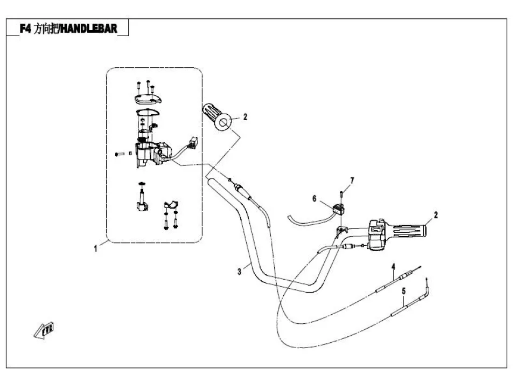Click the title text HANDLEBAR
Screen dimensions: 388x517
(88, 27)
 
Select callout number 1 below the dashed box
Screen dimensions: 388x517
(96, 249)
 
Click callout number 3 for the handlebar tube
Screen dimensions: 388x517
(239, 272)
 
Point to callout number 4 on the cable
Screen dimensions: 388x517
(393, 267)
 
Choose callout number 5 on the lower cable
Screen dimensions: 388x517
(403, 292)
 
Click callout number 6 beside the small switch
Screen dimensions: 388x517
(314, 198)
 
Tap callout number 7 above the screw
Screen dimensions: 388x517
(352, 179)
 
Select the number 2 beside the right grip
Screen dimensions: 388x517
(436, 214)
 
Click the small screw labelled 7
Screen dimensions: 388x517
(341, 193)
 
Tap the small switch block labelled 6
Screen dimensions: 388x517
(339, 208)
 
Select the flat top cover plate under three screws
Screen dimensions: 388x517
(146, 99)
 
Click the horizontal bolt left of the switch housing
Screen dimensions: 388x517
(120, 154)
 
